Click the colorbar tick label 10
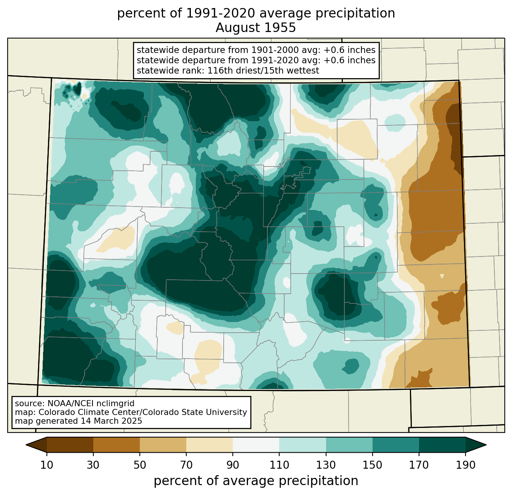[46, 465]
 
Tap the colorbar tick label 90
[233, 465]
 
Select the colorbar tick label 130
[326, 465]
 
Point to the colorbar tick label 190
[466, 465]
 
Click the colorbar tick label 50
[140, 465]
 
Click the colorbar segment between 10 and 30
[70, 445]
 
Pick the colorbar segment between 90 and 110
[256, 445]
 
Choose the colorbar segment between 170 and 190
[442, 445]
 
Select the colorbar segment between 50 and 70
[163, 445]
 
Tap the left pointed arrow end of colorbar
[36, 445]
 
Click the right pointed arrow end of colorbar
[476, 445]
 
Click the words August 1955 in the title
[256, 28]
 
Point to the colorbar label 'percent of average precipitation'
[256, 481]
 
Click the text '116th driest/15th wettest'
[263, 70]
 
